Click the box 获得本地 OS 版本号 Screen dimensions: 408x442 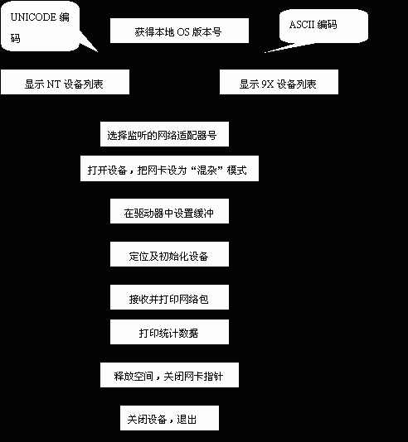click(x=179, y=31)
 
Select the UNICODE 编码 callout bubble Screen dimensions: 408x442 click(x=41, y=26)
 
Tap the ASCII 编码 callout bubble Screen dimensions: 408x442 click(x=323, y=26)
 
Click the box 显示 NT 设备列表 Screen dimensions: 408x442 click(x=65, y=82)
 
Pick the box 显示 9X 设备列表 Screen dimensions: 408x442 click(x=279, y=82)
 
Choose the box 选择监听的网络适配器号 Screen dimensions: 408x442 click(x=164, y=134)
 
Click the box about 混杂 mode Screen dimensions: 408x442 click(x=169, y=168)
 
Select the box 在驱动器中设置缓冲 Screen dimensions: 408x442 click(x=169, y=211)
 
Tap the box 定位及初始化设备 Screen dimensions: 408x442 click(x=169, y=254)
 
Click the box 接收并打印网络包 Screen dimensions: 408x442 click(x=169, y=297)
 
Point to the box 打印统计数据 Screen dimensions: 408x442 click(x=169, y=332)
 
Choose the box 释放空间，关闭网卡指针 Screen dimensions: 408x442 click(x=169, y=375)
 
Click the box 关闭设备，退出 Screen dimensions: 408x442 click(x=169, y=418)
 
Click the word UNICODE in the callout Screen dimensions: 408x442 click(x=33, y=17)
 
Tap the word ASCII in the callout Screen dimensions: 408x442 click(x=302, y=25)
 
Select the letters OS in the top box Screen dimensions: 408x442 click(x=183, y=32)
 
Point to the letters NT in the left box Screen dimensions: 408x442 click(x=53, y=84)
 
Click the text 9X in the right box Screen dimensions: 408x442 click(x=267, y=84)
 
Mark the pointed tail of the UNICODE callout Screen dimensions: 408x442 click(x=98, y=52)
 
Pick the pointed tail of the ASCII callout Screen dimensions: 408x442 click(x=265, y=52)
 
